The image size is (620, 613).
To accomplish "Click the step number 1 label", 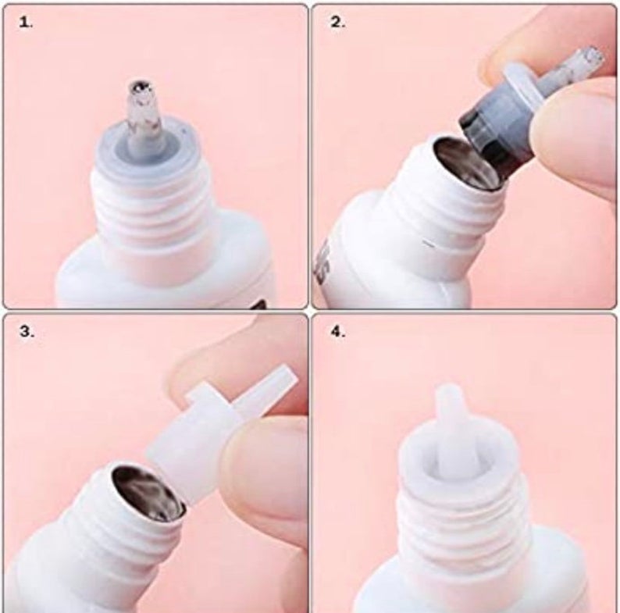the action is coord(26,23).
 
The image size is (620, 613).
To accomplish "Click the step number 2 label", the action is coord(337,23).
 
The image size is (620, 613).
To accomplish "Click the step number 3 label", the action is coord(27,331).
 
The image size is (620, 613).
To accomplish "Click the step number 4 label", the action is coord(338,331).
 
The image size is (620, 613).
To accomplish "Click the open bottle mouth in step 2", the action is coord(466,165).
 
